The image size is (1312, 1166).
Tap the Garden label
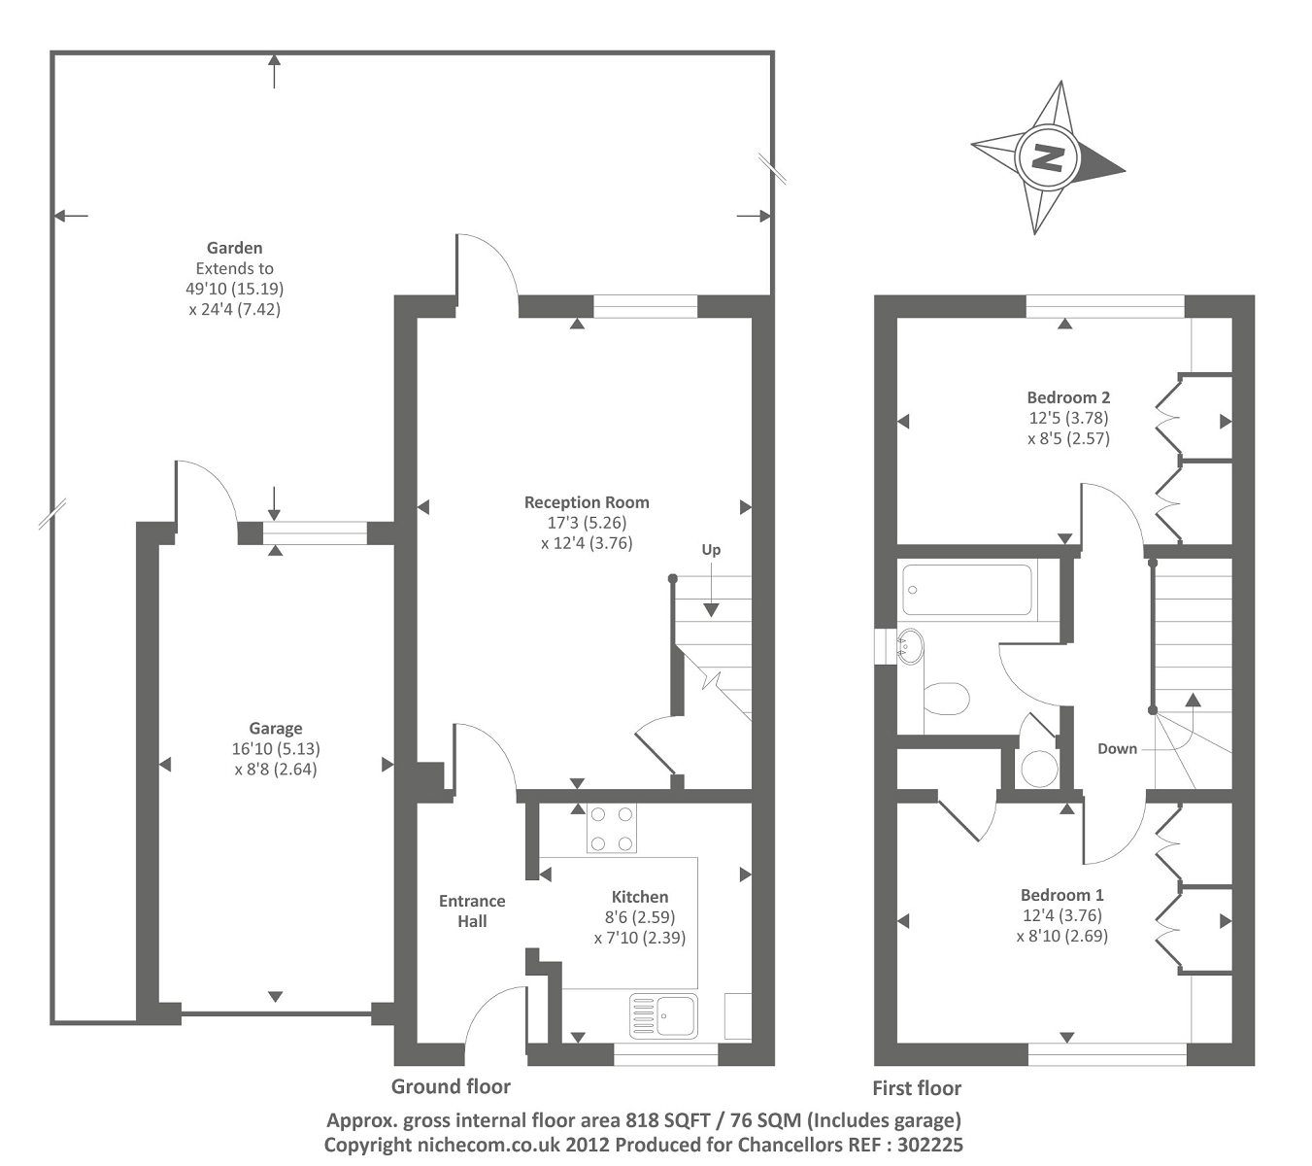pos(234,248)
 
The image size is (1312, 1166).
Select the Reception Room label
pos(587,502)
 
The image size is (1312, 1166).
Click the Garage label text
pos(276,728)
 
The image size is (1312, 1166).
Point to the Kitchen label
pos(640,897)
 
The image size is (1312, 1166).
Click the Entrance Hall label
pos(472,910)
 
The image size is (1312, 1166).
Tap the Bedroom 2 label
pos(1068,397)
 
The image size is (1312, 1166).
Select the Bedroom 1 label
pos(1061,895)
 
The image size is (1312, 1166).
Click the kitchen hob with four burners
pos(611,829)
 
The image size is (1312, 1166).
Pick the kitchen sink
pos(664,1015)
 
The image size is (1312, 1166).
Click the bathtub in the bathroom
pos(966,590)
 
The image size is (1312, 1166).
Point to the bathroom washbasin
pos(910,645)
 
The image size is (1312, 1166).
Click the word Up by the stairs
pos(711,550)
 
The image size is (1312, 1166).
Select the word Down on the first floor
pos(1117,748)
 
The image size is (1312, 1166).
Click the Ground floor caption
pos(451,1086)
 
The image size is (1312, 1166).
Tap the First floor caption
pos(917,1088)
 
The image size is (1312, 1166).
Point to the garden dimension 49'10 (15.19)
pos(235,289)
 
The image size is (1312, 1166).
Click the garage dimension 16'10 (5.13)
pos(276,749)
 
